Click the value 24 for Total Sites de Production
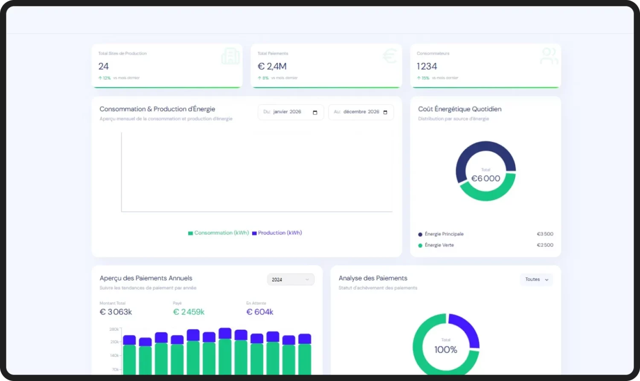tap(104, 67)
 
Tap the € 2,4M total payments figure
tap(272, 67)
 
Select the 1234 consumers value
tap(427, 67)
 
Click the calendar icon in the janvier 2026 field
tap(315, 112)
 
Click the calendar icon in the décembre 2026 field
tap(385, 112)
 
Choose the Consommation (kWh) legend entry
tap(218, 233)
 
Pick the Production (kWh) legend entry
tap(277, 233)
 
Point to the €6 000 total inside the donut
tap(486, 179)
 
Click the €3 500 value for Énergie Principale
tap(545, 234)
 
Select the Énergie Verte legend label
tap(439, 245)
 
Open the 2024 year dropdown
tap(291, 279)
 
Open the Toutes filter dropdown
tap(536, 279)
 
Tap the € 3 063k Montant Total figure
tap(116, 312)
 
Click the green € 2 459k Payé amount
tap(189, 312)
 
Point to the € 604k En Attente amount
tap(260, 312)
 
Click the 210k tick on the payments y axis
tap(114, 342)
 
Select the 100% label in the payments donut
tap(445, 350)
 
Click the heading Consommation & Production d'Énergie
tap(157, 109)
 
